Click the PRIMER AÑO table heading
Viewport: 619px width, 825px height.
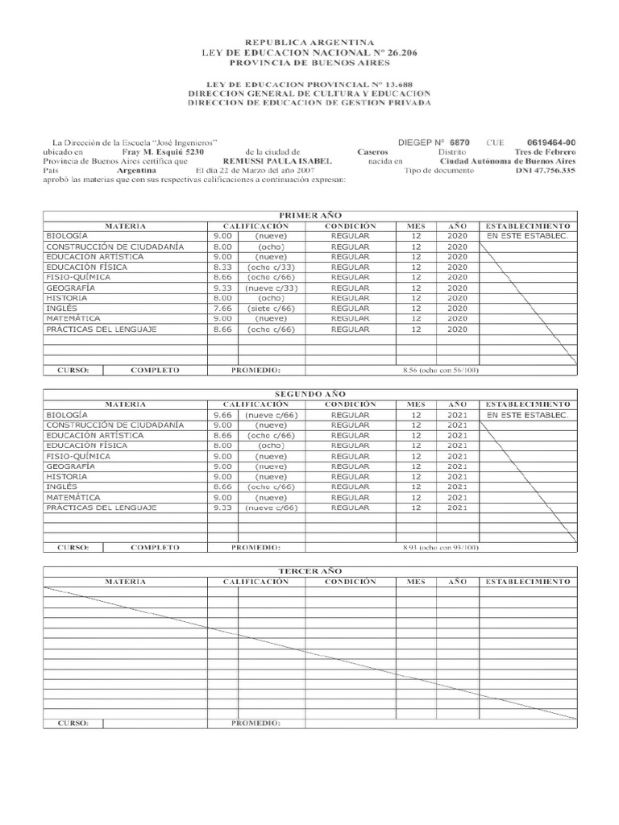pyautogui.click(x=309, y=216)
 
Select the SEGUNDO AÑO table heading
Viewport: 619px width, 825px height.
pyautogui.click(x=309, y=393)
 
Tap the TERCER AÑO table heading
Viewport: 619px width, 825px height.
pyautogui.click(x=309, y=570)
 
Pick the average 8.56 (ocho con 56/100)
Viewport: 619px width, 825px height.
pyautogui.click(x=439, y=370)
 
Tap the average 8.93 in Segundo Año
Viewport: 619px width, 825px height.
pyautogui.click(x=439, y=547)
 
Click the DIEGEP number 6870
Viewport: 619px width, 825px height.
pyautogui.click(x=459, y=141)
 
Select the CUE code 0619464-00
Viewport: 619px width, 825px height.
pyautogui.click(x=551, y=141)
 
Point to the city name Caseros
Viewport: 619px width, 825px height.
pyautogui.click(x=372, y=151)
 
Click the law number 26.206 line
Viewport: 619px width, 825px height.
pyautogui.click(x=309, y=52)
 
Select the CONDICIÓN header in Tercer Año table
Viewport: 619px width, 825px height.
pyautogui.click(x=351, y=581)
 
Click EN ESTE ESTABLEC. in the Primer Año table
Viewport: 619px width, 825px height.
pyautogui.click(x=527, y=236)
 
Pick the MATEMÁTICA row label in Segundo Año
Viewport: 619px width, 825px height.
pyautogui.click(x=73, y=498)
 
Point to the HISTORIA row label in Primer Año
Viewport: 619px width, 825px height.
pyautogui.click(x=67, y=298)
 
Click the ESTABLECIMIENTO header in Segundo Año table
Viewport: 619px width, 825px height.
pyautogui.click(x=527, y=404)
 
